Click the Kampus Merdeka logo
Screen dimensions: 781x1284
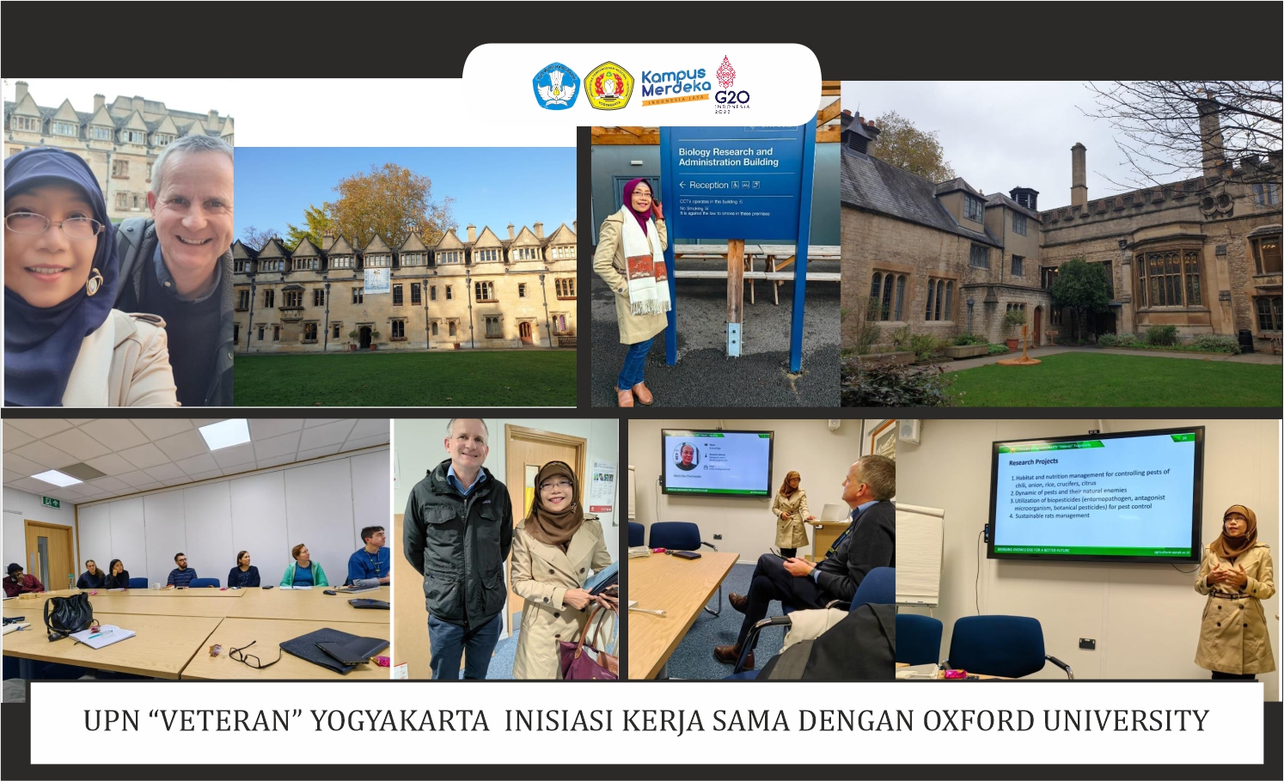click(676, 86)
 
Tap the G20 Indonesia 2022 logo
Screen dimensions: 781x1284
click(731, 85)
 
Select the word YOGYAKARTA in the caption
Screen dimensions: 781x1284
click(400, 720)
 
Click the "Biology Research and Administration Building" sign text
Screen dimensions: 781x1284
click(728, 156)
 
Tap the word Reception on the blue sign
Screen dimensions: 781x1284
click(708, 185)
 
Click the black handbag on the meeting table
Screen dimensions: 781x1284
click(69, 614)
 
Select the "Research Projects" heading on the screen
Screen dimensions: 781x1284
click(1033, 461)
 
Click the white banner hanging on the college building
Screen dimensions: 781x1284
click(376, 280)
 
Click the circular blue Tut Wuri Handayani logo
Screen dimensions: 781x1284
click(555, 86)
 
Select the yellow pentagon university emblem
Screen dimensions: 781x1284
click(608, 86)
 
